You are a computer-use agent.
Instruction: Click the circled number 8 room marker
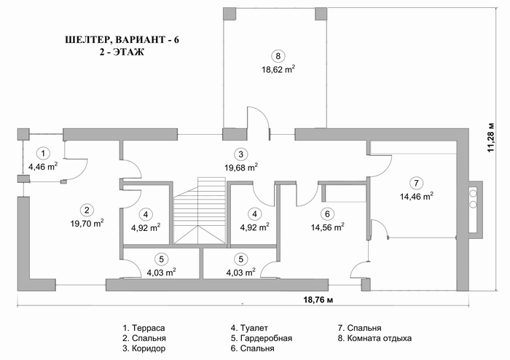(278, 56)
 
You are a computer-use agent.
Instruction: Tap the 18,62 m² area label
(278, 69)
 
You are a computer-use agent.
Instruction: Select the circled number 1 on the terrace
(43, 153)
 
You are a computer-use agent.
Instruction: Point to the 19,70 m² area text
(87, 223)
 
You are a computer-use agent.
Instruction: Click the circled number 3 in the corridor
(240, 154)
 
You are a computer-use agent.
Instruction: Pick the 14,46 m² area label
(416, 197)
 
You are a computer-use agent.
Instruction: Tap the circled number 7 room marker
(416, 183)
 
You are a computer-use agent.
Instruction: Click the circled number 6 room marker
(327, 214)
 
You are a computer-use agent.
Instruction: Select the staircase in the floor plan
(199, 211)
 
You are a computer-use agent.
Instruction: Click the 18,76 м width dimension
(318, 300)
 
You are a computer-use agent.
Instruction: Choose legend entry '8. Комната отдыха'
(374, 338)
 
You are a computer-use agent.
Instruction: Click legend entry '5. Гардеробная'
(262, 338)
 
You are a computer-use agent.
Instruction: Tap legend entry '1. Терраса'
(144, 328)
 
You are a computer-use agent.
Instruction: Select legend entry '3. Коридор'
(144, 348)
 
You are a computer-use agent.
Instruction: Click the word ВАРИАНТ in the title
(140, 39)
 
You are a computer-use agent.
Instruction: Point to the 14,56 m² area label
(328, 227)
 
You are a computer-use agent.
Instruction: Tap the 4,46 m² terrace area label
(43, 167)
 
